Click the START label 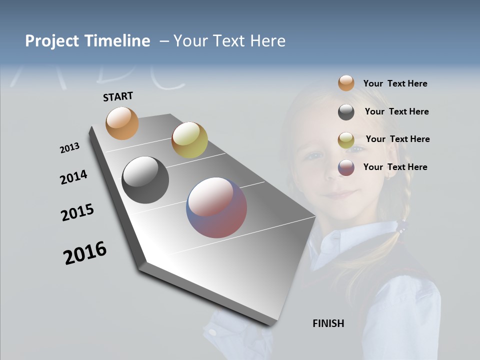pos(118,96)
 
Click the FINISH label pos(328,323)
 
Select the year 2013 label pos(69,148)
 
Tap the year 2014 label pos(73,177)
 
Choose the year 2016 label pos(85,253)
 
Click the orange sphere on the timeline pos(122,123)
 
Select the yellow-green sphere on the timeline pos(189,139)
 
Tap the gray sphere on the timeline pos(145,180)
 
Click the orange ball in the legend pos(346,83)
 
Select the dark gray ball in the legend pos(346,112)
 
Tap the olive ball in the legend pos(346,140)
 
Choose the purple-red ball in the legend pos(346,167)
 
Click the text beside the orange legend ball pos(395,84)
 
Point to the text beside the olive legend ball pos(397,139)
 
